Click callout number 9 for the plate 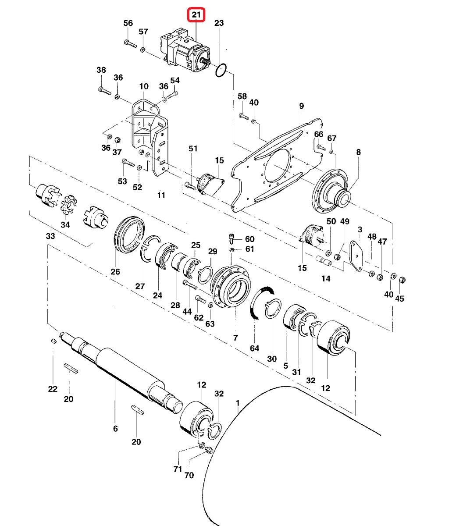point(301,106)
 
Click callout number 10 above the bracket point(144,86)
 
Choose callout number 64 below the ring point(255,348)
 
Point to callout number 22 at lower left point(53,389)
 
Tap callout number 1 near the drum point(238,402)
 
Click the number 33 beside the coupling point(50,236)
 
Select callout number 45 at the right point(399,299)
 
